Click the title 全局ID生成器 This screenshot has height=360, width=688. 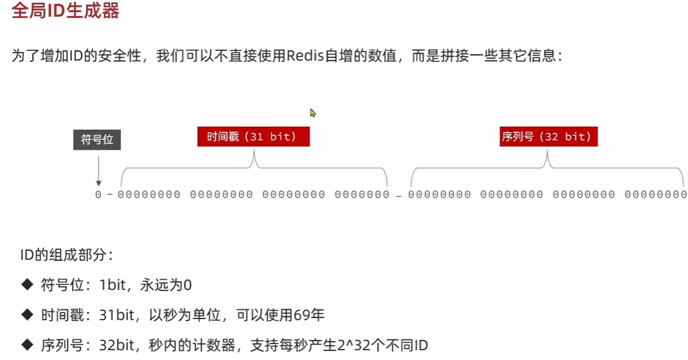pyautogui.click(x=66, y=10)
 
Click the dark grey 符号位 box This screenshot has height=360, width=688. pyautogui.click(x=97, y=139)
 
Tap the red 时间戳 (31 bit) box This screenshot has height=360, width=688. pyautogui.click(x=253, y=136)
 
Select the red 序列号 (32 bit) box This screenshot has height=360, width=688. pyautogui.click(x=548, y=136)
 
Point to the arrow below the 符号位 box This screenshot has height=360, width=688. pyautogui.click(x=98, y=171)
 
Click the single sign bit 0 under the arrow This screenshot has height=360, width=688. pyautogui.click(x=98, y=194)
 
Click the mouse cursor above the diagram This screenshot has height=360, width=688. pyautogui.click(x=312, y=113)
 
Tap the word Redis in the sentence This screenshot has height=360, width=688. pyautogui.click(x=305, y=56)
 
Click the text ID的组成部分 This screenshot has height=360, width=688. pyautogui.click(x=67, y=255)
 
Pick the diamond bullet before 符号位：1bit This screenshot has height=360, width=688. pyautogui.click(x=27, y=285)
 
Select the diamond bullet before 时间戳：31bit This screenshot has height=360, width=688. pyautogui.click(x=27, y=314)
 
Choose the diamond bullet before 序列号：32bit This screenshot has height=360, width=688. pyautogui.click(x=27, y=345)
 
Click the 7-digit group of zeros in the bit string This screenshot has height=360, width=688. pyautogui.click(x=362, y=194)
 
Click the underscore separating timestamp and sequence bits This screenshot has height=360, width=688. pyautogui.click(x=399, y=197)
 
